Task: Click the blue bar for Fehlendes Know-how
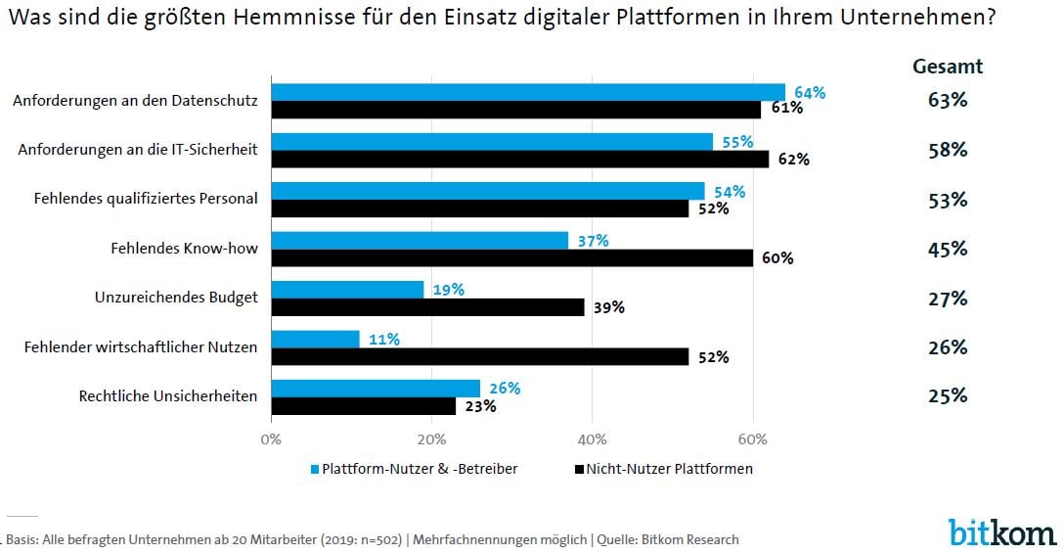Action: (x=420, y=241)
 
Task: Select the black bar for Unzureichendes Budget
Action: (x=427, y=307)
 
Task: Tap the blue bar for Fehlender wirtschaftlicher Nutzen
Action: (x=315, y=339)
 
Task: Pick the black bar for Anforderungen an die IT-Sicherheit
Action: (x=519, y=159)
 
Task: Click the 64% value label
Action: (x=810, y=93)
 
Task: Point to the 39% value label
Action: (x=608, y=307)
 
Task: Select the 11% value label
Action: (x=383, y=339)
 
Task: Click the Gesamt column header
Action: (x=947, y=67)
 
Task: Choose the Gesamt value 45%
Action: (x=947, y=249)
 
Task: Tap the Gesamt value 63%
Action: (x=947, y=100)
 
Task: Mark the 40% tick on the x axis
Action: (x=592, y=439)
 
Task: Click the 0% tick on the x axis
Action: (x=271, y=439)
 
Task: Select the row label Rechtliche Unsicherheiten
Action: (x=167, y=396)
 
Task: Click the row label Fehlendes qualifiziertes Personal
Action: (x=146, y=199)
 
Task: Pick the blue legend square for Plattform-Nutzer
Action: (x=315, y=469)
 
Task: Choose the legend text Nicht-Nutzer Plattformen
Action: (x=670, y=469)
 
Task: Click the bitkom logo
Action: (x=1001, y=531)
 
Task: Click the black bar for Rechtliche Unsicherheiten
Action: (x=363, y=405)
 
